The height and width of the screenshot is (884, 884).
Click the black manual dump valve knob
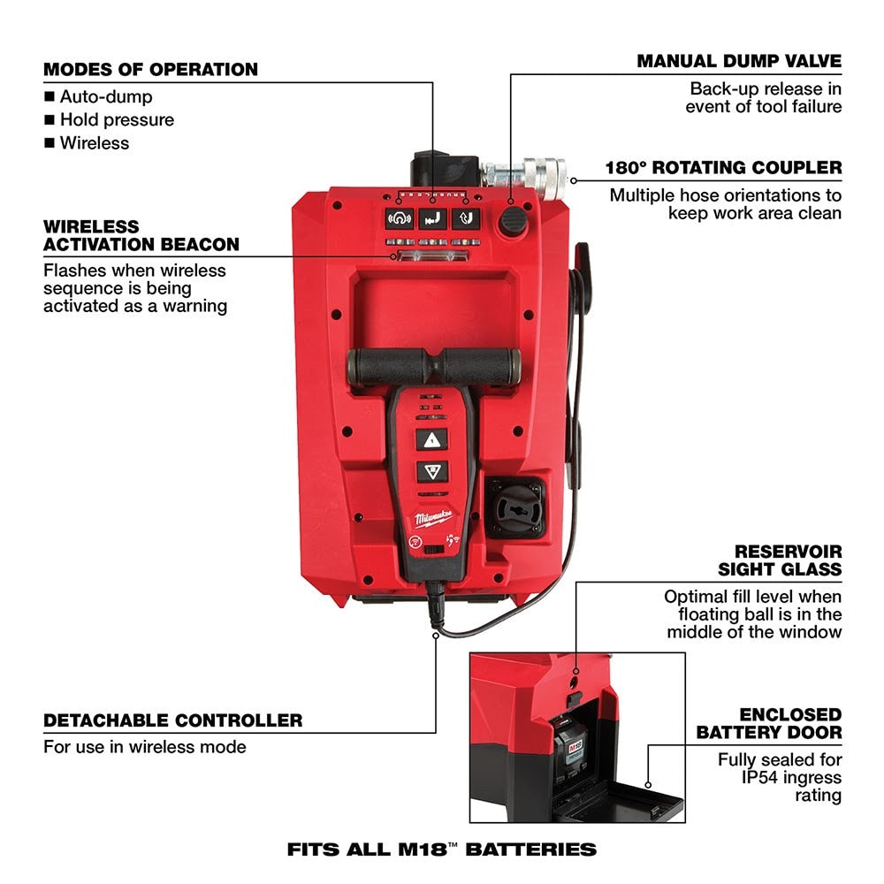click(x=512, y=223)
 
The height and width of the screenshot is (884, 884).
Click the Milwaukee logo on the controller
click(x=432, y=517)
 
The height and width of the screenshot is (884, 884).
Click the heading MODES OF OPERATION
click(x=150, y=69)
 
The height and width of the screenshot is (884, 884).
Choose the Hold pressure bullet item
click(x=117, y=119)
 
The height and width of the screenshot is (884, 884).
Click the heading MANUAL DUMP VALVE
click(x=739, y=61)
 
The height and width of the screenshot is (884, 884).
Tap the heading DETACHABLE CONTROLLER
click(x=172, y=720)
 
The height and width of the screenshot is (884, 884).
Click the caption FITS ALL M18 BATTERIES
click(x=442, y=850)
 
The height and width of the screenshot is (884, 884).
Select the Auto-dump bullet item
click(x=105, y=96)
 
